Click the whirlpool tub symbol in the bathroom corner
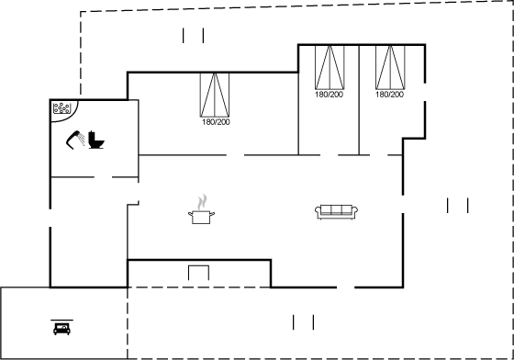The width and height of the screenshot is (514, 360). point(62,108)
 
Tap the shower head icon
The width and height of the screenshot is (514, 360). point(75,140)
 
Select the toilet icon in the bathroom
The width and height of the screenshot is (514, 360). point(96,140)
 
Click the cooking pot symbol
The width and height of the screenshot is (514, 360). point(201,217)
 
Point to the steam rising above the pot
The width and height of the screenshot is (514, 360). point(203,202)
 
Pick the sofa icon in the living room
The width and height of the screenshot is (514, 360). point(336,212)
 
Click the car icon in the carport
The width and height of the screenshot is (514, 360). point(62,329)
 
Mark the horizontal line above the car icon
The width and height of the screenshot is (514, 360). point(62,320)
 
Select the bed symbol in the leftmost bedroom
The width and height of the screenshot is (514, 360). point(215,95)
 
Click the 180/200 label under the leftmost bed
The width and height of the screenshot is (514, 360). point(216,122)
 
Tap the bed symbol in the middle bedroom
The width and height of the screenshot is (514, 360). point(330,67)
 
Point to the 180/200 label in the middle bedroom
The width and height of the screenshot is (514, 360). point(330,95)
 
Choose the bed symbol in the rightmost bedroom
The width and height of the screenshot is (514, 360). point(390,67)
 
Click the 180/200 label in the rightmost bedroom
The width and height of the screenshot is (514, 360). point(389,95)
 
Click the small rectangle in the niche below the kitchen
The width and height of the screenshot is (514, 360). point(198,273)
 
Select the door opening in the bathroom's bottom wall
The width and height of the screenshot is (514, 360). point(103,177)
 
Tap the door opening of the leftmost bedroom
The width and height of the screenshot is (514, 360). point(235,155)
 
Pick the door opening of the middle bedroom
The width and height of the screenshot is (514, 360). point(330,155)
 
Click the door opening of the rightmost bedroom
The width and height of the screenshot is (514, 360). point(378,155)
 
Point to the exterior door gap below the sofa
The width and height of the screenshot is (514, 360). point(346,287)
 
